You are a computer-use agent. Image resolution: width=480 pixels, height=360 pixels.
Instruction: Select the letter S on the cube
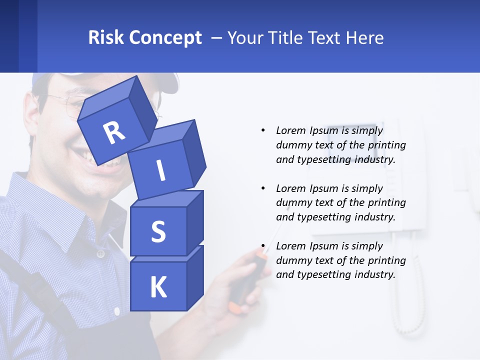click(x=158, y=231)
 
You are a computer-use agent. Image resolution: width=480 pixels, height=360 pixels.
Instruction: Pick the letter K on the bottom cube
click(x=158, y=287)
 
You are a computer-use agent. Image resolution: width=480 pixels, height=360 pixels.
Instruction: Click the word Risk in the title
click(x=106, y=37)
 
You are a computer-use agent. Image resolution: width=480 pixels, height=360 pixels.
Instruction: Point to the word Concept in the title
click(x=165, y=38)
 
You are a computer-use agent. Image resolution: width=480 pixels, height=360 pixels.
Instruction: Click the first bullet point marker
click(x=263, y=131)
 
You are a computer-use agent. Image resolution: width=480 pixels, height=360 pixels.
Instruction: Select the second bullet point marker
click(x=263, y=188)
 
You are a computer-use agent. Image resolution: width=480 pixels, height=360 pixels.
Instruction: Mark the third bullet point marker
click(x=263, y=246)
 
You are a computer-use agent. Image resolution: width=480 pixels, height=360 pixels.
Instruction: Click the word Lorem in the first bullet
click(x=291, y=131)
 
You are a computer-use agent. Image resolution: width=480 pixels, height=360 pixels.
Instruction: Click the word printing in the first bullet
click(x=387, y=145)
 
